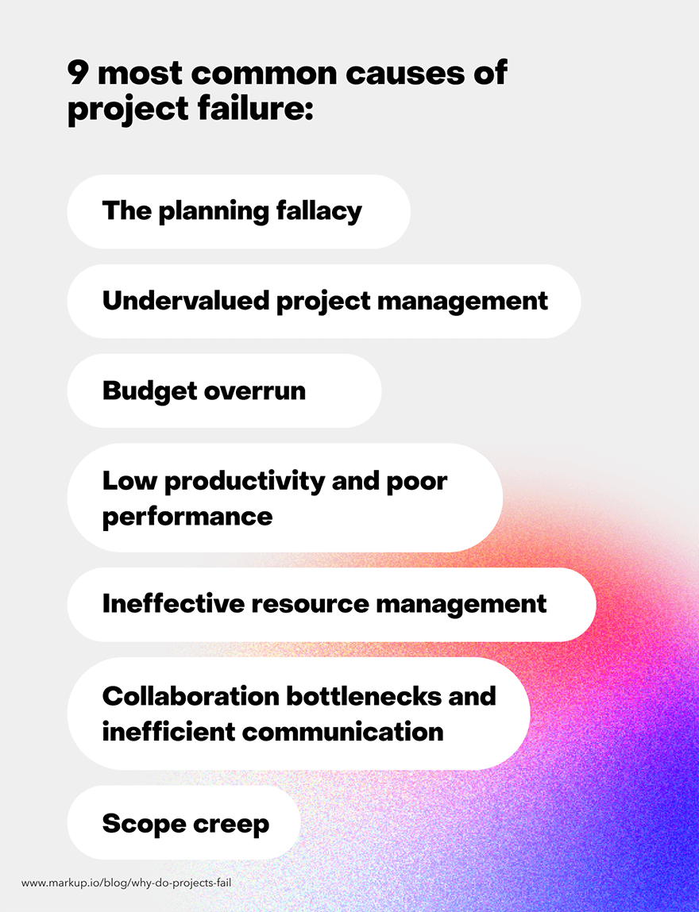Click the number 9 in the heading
tap(79, 74)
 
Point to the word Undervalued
tap(184, 301)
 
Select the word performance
tap(187, 517)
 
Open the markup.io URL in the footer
tap(126, 883)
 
